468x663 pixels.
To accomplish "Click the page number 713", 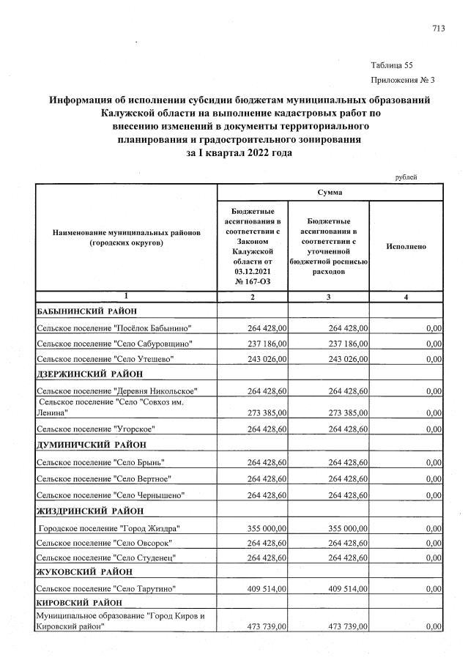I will click(438, 29).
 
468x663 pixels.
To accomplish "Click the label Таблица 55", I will click(393, 64).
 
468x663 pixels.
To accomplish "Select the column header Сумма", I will click(329, 192).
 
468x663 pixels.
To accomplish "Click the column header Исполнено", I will click(406, 247).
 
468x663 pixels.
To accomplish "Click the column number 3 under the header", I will click(329, 297).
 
